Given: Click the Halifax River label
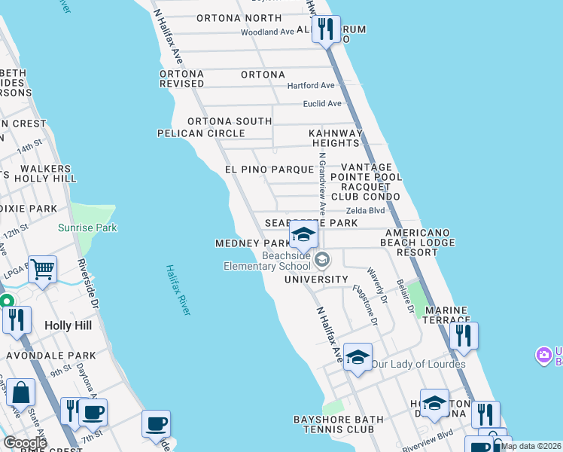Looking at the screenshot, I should coord(178,290).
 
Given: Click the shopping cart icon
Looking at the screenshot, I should coord(43,268).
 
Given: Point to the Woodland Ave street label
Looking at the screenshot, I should coord(267,32).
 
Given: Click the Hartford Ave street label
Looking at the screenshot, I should coord(311,86).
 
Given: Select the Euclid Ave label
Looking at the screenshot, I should coord(322,104).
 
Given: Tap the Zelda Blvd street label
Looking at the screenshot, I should coord(366,211).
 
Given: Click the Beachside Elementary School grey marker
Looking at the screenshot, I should coord(322,260).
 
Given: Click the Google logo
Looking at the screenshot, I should coord(26,443).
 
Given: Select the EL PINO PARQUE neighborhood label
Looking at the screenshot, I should coord(269,170).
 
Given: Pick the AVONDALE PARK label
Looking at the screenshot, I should coord(51,356).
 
